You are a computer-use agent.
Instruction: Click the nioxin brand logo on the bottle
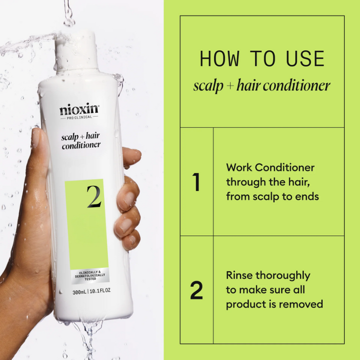79,109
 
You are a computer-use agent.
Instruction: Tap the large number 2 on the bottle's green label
93,197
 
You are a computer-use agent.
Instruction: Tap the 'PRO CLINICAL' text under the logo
79,118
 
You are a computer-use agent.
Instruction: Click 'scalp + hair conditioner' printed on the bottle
80,140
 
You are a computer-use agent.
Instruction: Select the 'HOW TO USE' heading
262,59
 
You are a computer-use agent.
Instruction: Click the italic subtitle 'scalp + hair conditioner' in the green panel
262,85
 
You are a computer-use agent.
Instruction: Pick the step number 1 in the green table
196,183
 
